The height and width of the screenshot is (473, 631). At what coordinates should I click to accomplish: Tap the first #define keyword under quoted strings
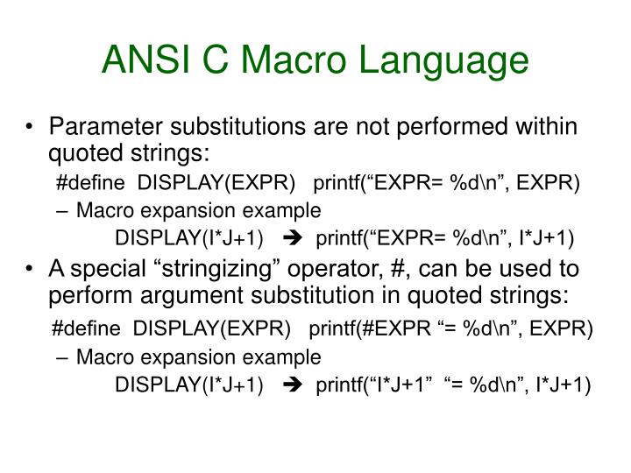pyautogui.click(x=92, y=182)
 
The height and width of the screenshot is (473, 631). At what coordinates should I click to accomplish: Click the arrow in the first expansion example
pyautogui.click(x=294, y=238)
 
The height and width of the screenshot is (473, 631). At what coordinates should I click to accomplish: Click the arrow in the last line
pyautogui.click(x=294, y=385)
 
